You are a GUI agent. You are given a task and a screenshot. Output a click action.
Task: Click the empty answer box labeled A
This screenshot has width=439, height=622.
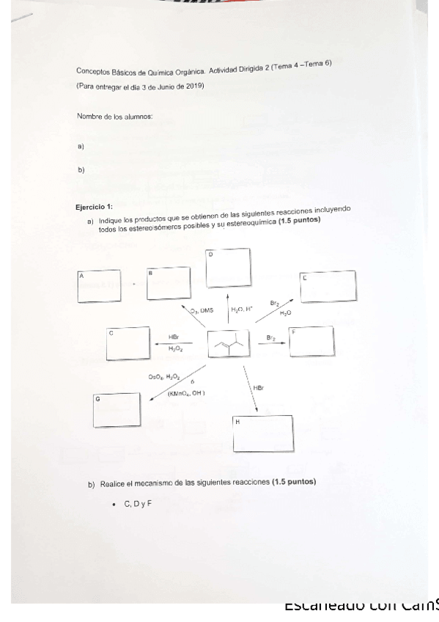[99, 287]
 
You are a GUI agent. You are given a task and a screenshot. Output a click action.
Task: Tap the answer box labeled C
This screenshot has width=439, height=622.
[128, 344]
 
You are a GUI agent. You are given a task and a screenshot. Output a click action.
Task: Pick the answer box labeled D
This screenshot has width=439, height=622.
[227, 268]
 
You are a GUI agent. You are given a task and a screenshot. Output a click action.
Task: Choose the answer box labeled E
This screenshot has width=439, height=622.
[328, 286]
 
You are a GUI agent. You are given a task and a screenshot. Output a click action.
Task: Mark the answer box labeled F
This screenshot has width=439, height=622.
[311, 342]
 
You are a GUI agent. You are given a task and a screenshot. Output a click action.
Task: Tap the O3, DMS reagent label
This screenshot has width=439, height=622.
[202, 311]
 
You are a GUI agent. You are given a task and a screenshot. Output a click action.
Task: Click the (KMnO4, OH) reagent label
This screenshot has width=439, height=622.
[186, 394]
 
